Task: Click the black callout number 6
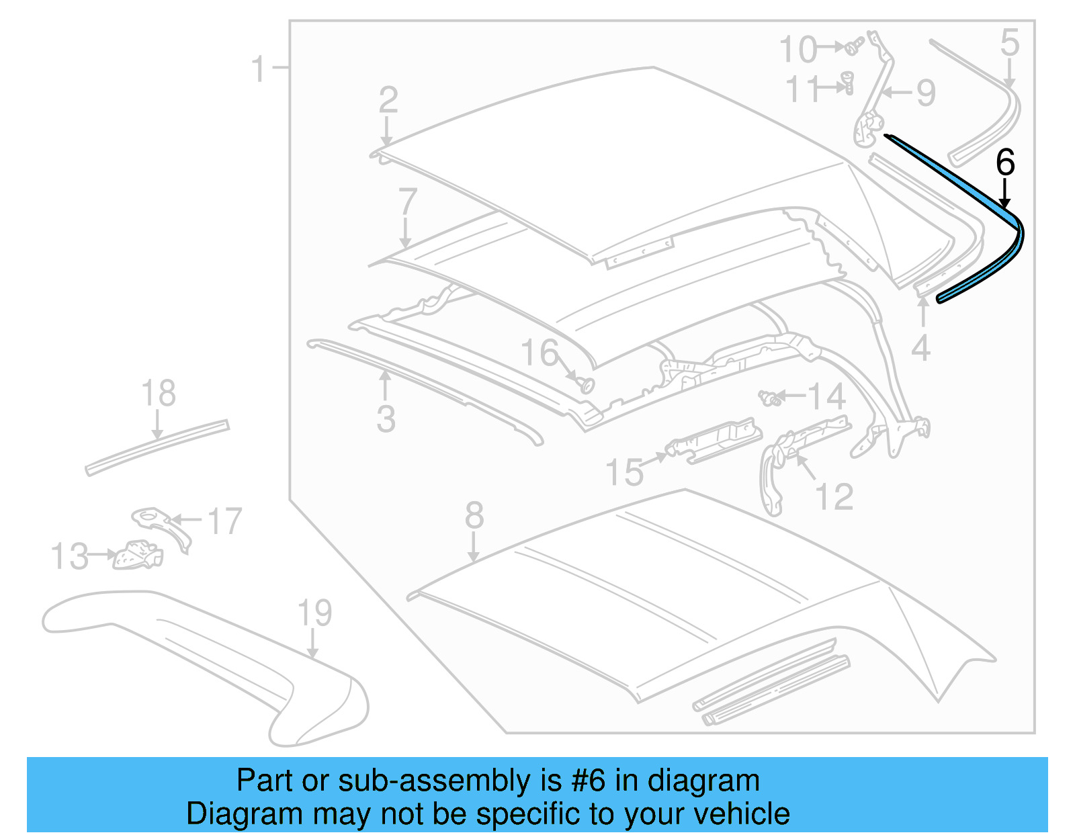click(1004, 163)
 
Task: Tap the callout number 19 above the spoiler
click(314, 613)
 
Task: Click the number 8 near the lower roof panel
click(474, 516)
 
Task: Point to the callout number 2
click(388, 101)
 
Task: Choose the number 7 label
click(408, 202)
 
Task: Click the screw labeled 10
click(854, 47)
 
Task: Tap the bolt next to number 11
click(847, 84)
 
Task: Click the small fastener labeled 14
click(769, 398)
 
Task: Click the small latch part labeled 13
click(138, 555)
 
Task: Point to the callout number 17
click(224, 521)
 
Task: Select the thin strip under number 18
click(157, 447)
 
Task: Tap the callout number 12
click(834, 497)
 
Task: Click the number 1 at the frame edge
click(259, 69)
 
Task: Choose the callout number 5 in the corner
click(1009, 43)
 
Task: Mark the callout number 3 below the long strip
click(386, 418)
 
